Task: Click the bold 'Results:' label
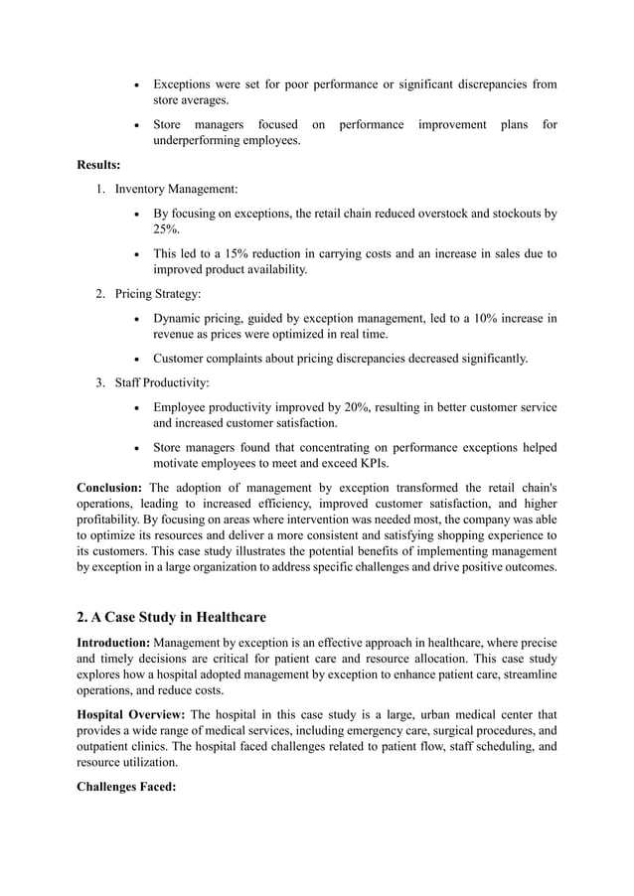pyautogui.click(x=98, y=165)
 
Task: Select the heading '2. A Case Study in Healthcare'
pyautogui.click(x=172, y=621)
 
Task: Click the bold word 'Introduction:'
pyautogui.click(x=114, y=644)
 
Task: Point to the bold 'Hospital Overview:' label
pyautogui.click(x=131, y=714)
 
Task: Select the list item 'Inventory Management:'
pyautogui.click(x=176, y=189)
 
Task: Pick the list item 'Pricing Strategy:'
pyautogui.click(x=158, y=294)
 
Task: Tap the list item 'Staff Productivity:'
pyautogui.click(x=162, y=382)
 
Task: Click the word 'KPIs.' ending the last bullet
pyautogui.click(x=377, y=463)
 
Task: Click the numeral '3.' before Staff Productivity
pyautogui.click(x=101, y=382)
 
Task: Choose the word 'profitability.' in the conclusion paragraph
pyautogui.click(x=114, y=519)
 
